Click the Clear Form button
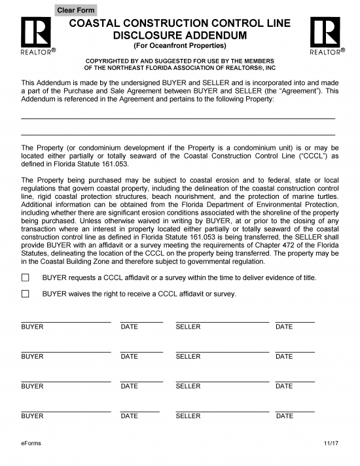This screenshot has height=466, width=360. (x=76, y=10)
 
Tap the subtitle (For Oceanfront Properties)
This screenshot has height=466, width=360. (x=179, y=46)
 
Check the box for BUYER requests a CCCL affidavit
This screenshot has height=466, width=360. (x=26, y=278)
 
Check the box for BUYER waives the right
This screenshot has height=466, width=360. (x=26, y=294)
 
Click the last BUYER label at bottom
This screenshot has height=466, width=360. (x=32, y=416)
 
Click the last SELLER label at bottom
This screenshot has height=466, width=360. (x=189, y=416)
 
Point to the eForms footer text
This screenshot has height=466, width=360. (x=31, y=444)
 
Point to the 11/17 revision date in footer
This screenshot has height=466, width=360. (x=331, y=444)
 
